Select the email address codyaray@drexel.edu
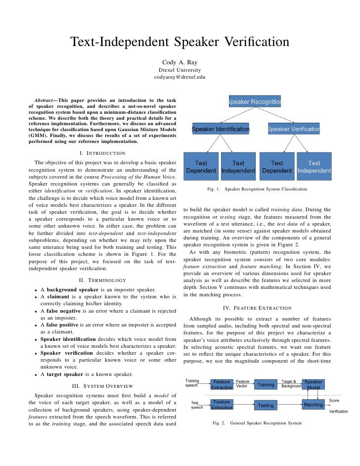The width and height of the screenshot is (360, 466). tap(180, 78)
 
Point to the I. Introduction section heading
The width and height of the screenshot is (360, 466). tap(102, 152)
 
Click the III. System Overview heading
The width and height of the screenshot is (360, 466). tap(102, 386)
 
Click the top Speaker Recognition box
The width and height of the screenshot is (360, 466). tap(254, 102)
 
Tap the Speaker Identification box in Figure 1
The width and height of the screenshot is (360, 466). tap(221, 130)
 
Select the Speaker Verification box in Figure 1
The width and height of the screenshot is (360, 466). tap(294, 130)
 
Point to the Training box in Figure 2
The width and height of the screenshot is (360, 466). tap(266, 384)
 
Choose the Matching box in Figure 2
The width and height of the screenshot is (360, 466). tap(313, 405)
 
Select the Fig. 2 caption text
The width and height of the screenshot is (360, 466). tap(257, 423)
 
